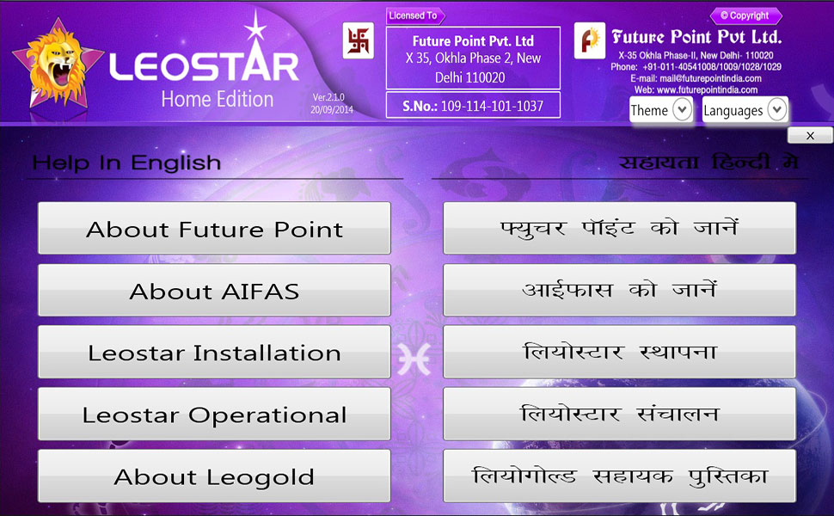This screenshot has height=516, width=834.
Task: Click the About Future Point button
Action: click(214, 228)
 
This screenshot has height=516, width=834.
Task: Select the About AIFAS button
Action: click(214, 291)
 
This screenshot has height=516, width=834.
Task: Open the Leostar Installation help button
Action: click(214, 352)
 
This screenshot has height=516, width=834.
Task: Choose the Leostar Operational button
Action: click(214, 414)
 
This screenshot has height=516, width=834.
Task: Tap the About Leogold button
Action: click(214, 476)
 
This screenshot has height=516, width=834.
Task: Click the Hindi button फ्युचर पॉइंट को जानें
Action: click(620, 228)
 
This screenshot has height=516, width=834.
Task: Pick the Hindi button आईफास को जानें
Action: click(620, 291)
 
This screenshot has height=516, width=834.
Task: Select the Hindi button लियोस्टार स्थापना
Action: click(620, 352)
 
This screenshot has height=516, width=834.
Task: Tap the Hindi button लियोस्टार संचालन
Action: click(620, 414)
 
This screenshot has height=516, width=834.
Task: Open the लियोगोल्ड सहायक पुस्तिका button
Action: click(620, 476)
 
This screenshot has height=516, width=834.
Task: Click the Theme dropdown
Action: click(661, 110)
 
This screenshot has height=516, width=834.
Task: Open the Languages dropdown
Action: click(745, 110)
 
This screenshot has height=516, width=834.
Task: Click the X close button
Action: click(810, 136)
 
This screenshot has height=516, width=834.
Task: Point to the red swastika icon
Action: click(358, 40)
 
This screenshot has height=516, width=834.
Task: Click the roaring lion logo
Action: click(58, 64)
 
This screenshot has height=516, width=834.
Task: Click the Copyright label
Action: click(745, 15)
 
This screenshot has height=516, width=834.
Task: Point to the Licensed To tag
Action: click(415, 16)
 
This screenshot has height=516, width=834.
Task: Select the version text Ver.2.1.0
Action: click(328, 97)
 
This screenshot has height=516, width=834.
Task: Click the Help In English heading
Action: click(126, 163)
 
